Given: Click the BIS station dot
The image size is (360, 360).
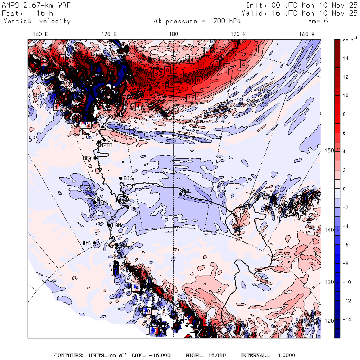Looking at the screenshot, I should click(120, 178).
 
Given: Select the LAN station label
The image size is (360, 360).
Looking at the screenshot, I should click(116, 226).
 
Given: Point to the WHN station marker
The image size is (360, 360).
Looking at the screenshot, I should click(95, 243).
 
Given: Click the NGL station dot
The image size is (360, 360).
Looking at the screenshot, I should click(180, 194).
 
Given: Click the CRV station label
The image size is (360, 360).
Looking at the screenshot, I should click(111, 140).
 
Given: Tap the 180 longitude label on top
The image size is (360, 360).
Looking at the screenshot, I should click(174, 34).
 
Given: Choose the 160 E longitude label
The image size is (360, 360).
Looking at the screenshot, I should click(40, 34).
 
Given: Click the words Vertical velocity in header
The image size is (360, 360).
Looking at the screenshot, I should click(37, 21).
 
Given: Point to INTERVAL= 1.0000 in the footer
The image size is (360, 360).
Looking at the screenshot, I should click(268, 355).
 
